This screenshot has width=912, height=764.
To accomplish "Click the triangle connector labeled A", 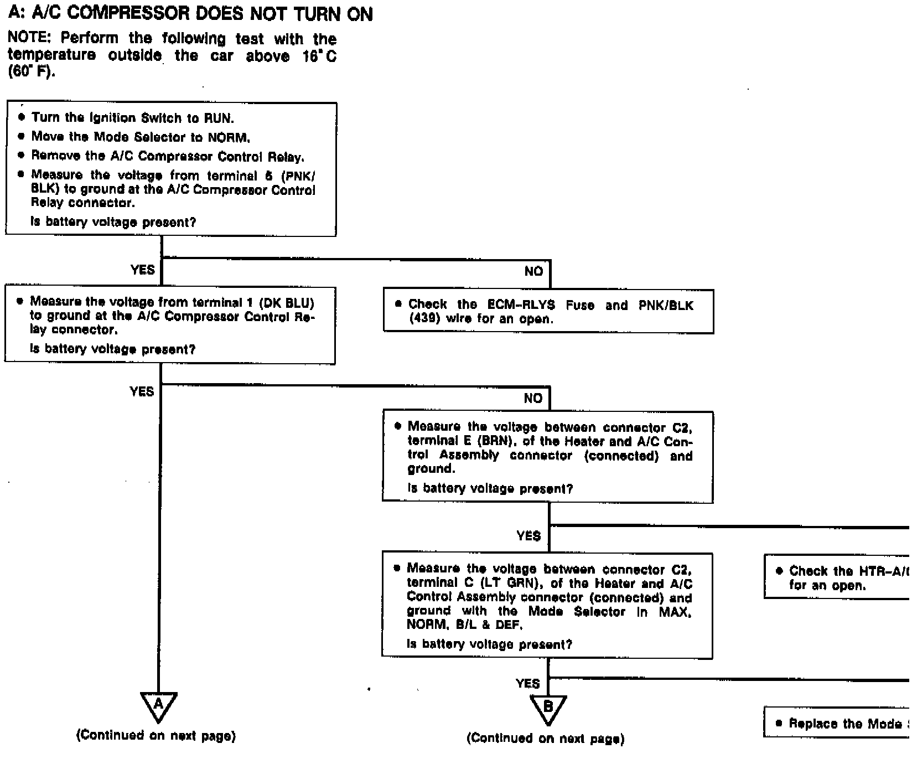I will click(x=158, y=705).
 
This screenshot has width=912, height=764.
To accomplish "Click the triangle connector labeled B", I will click(x=548, y=708).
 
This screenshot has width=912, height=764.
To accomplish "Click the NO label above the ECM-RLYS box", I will click(x=533, y=271).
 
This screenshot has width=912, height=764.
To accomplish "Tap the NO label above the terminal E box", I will click(x=533, y=398).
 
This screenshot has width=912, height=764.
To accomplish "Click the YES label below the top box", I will click(x=142, y=270).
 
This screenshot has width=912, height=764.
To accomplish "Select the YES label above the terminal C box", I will click(x=528, y=536).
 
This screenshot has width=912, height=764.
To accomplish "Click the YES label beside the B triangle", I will click(x=527, y=683).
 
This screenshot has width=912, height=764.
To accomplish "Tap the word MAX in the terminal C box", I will click(x=675, y=612).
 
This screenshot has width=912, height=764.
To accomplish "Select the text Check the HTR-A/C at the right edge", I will click(x=848, y=571).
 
